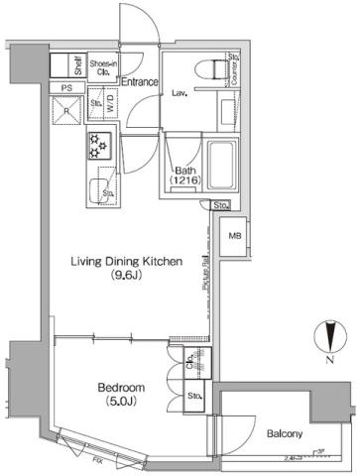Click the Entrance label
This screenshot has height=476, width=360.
(x=141, y=81)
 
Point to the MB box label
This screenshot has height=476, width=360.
(x=235, y=236)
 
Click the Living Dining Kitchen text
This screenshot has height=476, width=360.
(x=125, y=262)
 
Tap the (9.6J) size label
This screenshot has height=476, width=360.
(x=125, y=278)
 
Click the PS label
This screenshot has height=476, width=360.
(x=67, y=88)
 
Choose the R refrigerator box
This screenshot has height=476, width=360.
(x=68, y=111)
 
